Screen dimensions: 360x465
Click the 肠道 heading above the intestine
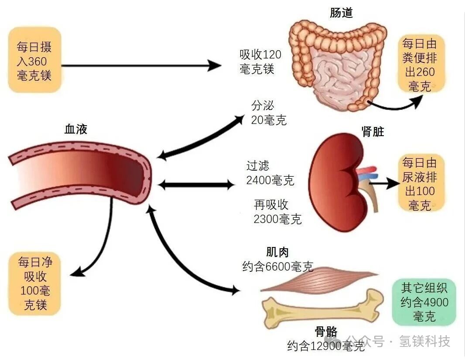click(x=341, y=13)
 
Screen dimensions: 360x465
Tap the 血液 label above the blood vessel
click(x=76, y=129)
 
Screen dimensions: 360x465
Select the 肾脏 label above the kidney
click(x=373, y=132)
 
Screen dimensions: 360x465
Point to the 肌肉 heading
click(x=277, y=252)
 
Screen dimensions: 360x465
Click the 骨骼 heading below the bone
click(x=326, y=332)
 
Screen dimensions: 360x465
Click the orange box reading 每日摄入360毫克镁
click(x=34, y=61)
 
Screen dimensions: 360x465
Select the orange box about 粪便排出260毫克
click(x=419, y=64)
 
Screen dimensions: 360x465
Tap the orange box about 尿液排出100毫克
click(x=419, y=184)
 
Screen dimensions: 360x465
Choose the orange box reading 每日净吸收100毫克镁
click(x=35, y=283)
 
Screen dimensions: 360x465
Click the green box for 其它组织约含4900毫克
click(x=424, y=302)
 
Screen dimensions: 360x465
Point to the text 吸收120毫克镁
click(x=260, y=62)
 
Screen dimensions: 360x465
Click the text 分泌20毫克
click(x=269, y=113)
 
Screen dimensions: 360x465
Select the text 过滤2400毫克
click(x=270, y=173)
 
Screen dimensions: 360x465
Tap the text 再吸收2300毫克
click(x=277, y=212)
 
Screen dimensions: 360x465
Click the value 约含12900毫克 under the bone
click(x=325, y=346)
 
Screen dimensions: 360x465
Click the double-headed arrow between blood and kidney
click(x=196, y=185)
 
